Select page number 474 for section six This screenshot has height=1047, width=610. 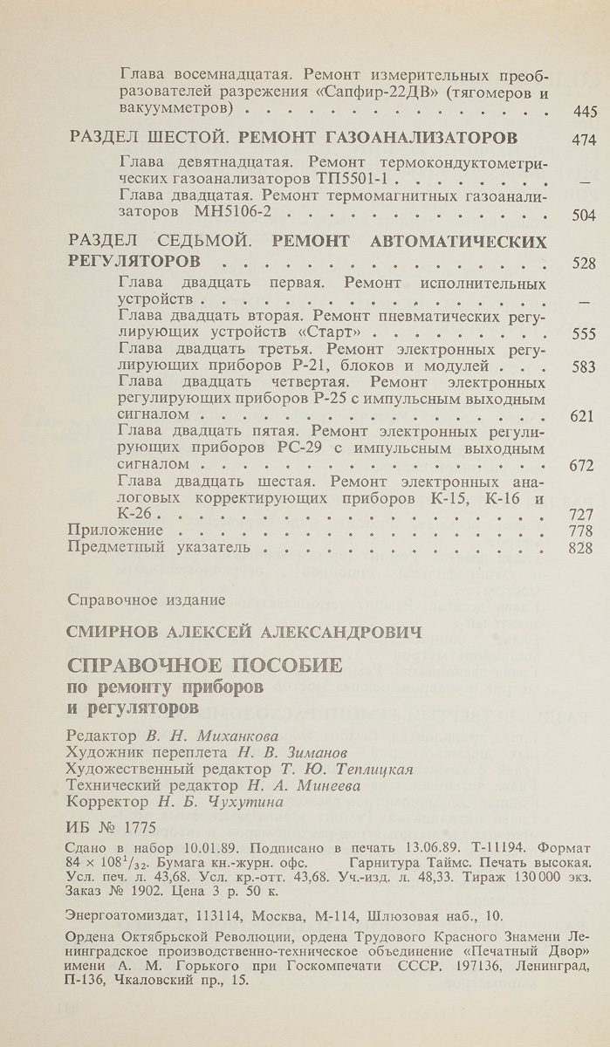[581, 139]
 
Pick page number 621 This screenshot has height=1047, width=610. [581, 416]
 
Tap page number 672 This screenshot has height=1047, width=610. [581, 466]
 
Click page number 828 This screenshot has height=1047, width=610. [581, 549]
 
